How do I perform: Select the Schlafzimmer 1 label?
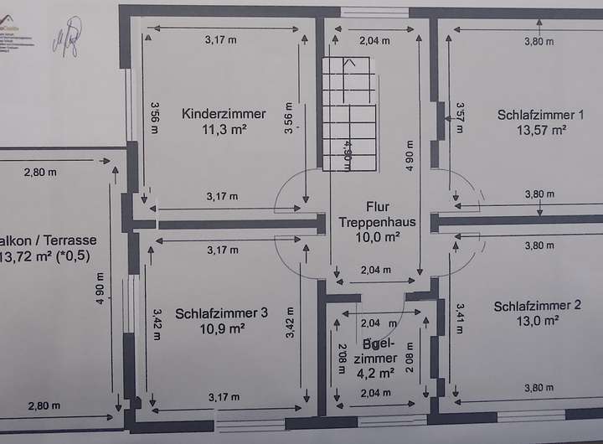tap(540, 114)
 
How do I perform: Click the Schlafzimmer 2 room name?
tap(536, 306)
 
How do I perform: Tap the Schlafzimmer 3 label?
tap(221, 313)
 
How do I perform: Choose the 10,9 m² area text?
tap(223, 328)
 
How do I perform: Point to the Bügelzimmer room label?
tap(379, 352)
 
